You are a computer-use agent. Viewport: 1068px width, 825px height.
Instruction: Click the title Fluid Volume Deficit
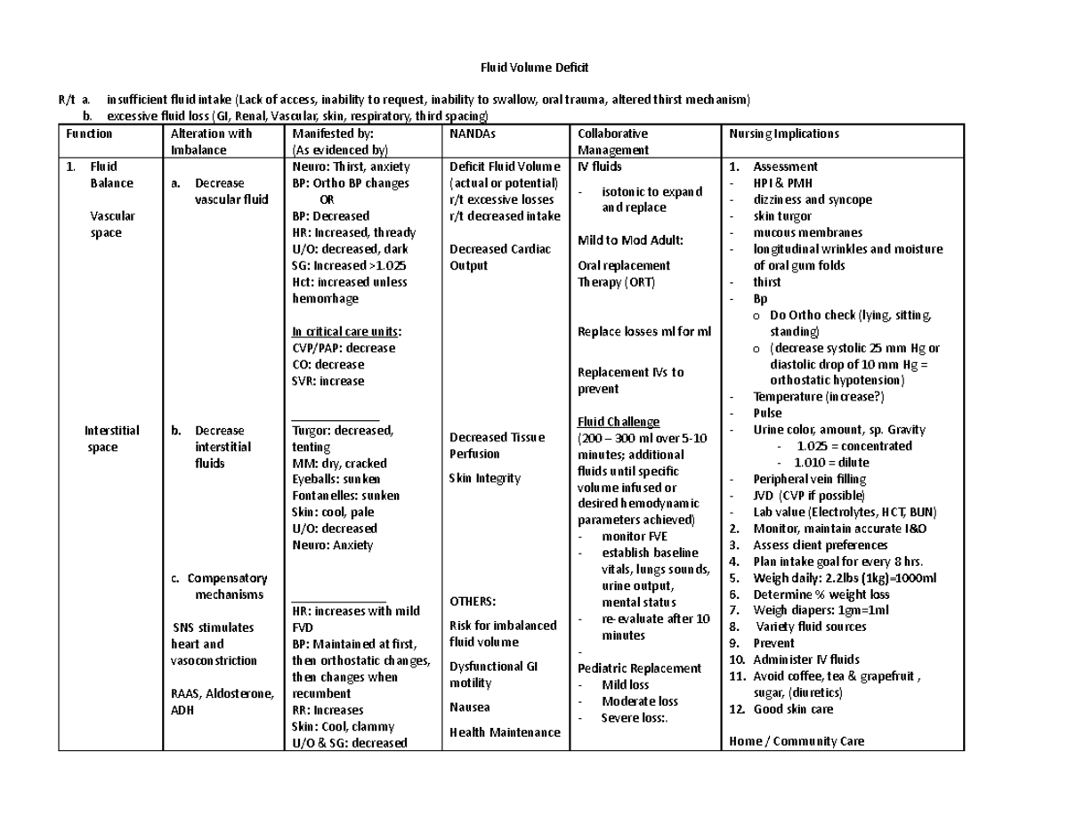point(535,68)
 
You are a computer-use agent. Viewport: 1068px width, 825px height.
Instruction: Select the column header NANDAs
point(472,133)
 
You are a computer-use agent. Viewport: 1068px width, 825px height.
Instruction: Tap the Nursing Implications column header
point(783,133)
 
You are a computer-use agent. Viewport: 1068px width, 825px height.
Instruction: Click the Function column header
point(89,133)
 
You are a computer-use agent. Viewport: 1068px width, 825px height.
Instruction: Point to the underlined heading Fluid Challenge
point(619,422)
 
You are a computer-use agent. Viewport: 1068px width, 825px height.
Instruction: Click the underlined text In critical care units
point(344,331)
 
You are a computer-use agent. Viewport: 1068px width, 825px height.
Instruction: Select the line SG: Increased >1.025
point(350,265)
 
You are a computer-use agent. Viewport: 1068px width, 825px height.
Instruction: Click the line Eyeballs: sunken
point(336,479)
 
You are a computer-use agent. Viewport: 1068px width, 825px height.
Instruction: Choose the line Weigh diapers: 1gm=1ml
point(821,611)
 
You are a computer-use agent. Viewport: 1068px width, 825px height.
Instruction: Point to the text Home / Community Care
point(796,741)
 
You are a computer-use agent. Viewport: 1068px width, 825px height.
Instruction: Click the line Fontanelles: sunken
point(345,496)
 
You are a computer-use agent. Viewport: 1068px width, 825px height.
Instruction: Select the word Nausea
point(469,708)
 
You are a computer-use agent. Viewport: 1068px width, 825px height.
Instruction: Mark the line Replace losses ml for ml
point(644,331)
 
